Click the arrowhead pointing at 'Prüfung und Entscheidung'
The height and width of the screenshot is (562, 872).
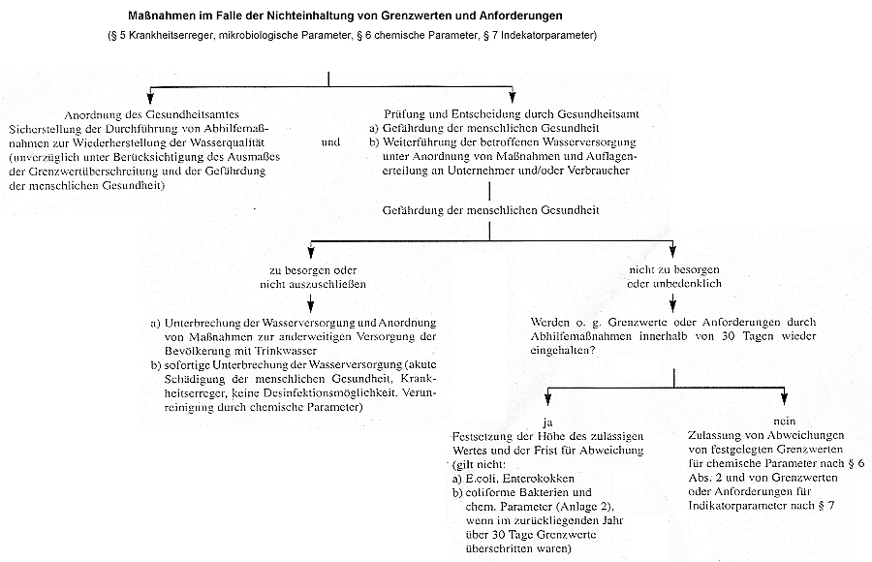[514, 99]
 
